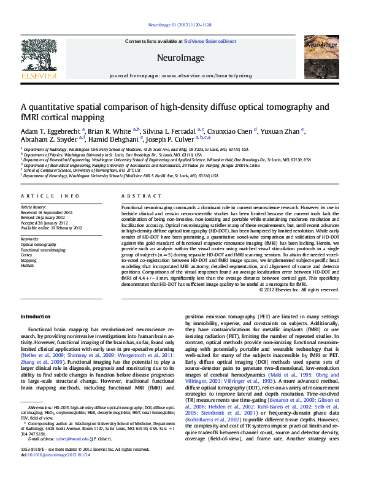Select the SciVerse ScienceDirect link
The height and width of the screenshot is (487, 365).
click(210, 41)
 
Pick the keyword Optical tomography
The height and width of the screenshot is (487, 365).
click(37, 244)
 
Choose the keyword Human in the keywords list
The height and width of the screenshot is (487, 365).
click(28, 266)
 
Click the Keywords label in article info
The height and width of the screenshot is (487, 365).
click(31, 238)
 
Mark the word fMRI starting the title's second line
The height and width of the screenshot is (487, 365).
click(29, 117)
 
